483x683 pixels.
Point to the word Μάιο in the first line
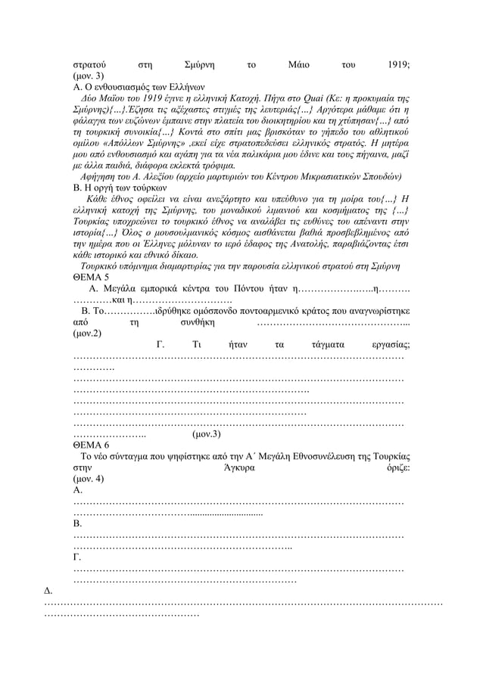[x=288, y=65]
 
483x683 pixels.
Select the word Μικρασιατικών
[x=329, y=176]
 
